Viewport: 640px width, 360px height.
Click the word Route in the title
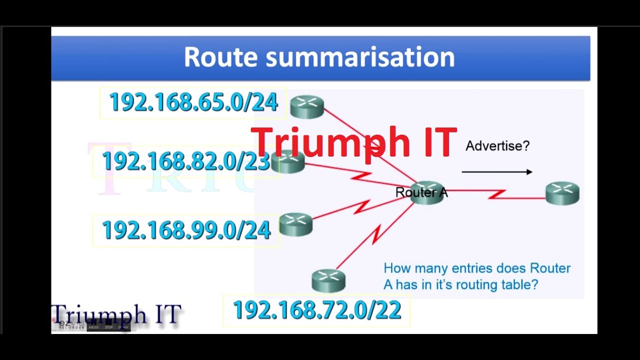[221, 57]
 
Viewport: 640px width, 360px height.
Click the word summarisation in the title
[360, 57]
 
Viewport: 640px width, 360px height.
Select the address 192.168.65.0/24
[193, 102]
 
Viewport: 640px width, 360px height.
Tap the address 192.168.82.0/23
[186, 161]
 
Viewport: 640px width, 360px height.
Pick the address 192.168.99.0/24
[186, 230]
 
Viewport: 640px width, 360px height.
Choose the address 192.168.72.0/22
[317, 310]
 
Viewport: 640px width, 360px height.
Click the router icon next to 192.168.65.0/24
[307, 106]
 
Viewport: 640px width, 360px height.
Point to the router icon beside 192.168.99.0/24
[296, 224]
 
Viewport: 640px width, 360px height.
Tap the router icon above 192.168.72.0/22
[328, 280]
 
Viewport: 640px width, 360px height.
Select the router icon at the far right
[562, 193]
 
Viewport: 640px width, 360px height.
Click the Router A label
[421, 192]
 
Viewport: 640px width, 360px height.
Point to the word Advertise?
[497, 146]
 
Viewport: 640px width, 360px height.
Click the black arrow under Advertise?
[497, 172]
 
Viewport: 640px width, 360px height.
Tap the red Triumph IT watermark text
[353, 142]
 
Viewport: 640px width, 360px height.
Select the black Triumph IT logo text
[116, 314]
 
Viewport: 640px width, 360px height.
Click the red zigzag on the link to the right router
[497, 193]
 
